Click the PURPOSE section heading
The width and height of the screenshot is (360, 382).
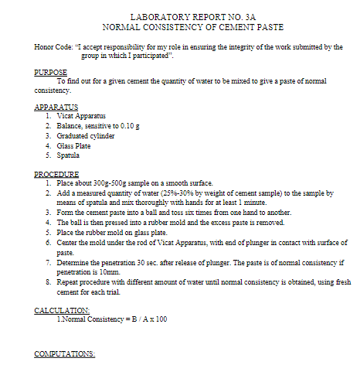51,72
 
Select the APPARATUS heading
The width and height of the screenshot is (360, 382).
56,107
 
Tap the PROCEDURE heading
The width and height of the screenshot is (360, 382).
57,174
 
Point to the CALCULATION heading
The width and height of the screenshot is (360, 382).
62,310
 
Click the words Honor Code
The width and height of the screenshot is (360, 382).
53,47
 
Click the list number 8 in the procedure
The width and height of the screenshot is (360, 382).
48,282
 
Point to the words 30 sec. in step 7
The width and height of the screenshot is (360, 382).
150,263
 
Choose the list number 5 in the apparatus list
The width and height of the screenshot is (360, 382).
48,155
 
